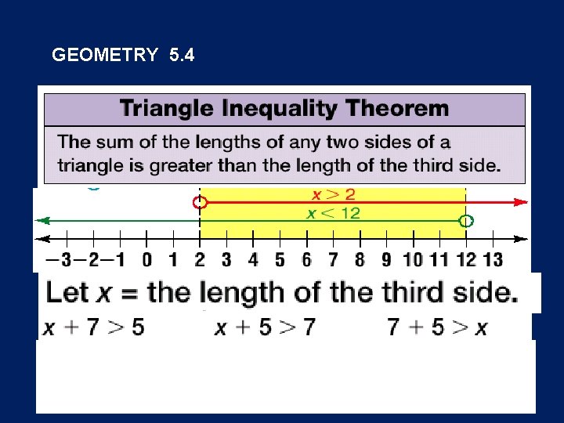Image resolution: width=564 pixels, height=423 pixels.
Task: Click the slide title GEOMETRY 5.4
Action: click(x=123, y=56)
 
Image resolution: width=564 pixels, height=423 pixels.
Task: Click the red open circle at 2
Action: click(x=201, y=203)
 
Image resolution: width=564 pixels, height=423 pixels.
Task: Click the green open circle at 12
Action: click(x=466, y=222)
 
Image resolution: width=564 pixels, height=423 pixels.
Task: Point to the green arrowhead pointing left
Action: click(x=44, y=221)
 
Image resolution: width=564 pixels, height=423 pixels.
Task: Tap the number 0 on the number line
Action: click(x=147, y=259)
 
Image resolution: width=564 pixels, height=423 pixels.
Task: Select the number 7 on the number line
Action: click(x=333, y=259)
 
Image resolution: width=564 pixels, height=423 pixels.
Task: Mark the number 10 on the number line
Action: click(x=413, y=259)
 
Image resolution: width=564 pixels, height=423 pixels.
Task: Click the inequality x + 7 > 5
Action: click(x=94, y=327)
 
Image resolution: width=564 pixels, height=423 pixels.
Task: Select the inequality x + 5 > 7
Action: click(x=265, y=327)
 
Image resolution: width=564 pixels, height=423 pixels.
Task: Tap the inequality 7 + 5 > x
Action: click(x=437, y=327)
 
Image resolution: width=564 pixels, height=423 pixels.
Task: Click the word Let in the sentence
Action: click(x=67, y=293)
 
